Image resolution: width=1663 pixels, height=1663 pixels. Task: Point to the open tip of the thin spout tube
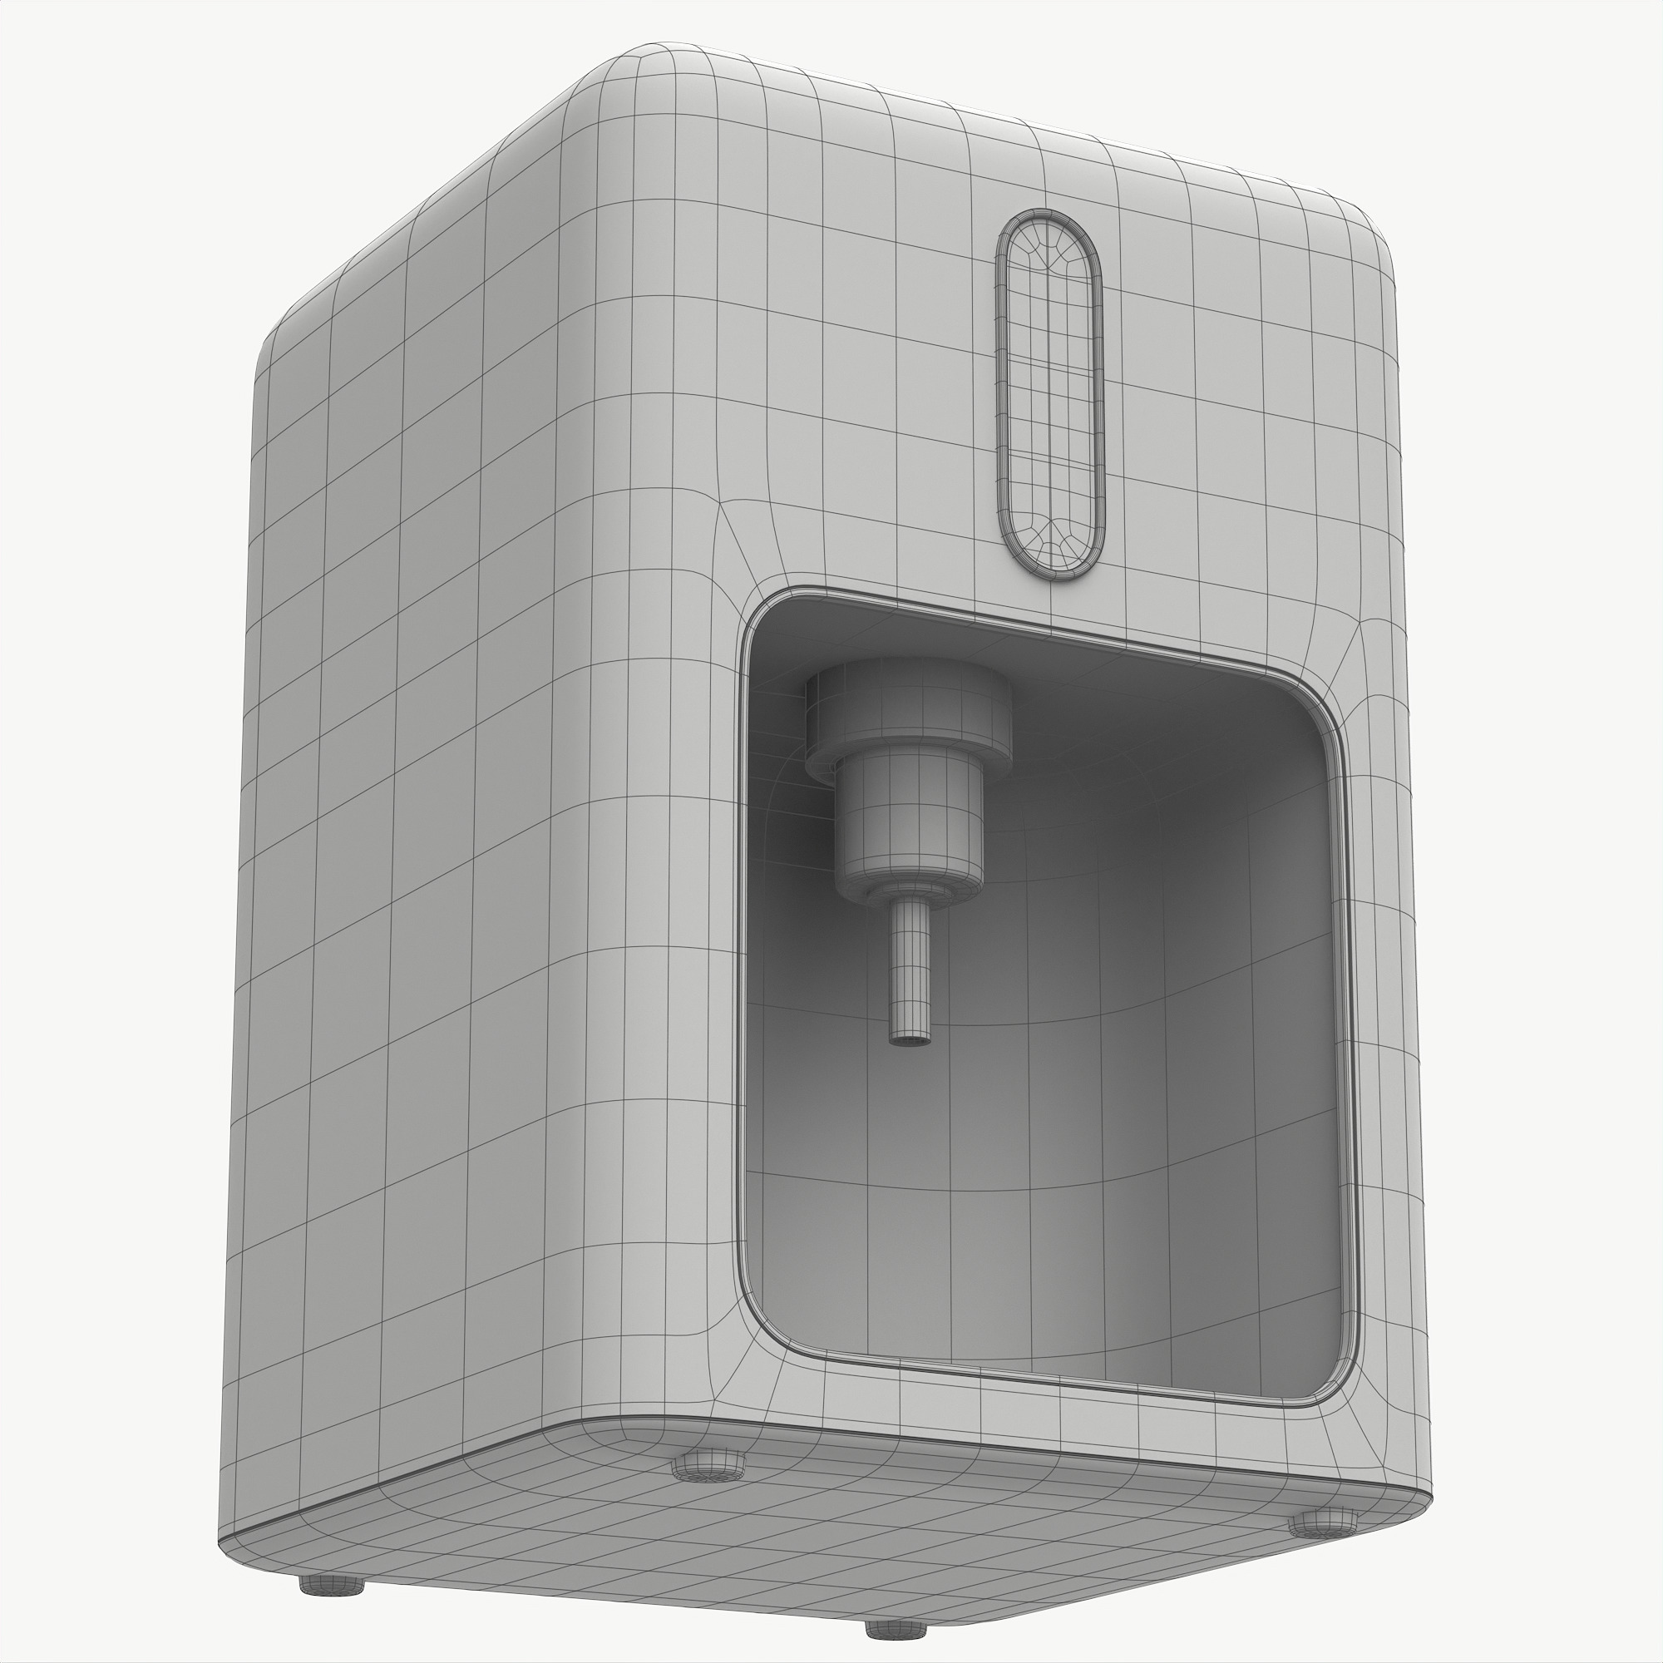coord(909,1041)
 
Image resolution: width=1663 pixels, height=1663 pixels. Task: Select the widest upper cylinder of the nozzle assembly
coord(908,710)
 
